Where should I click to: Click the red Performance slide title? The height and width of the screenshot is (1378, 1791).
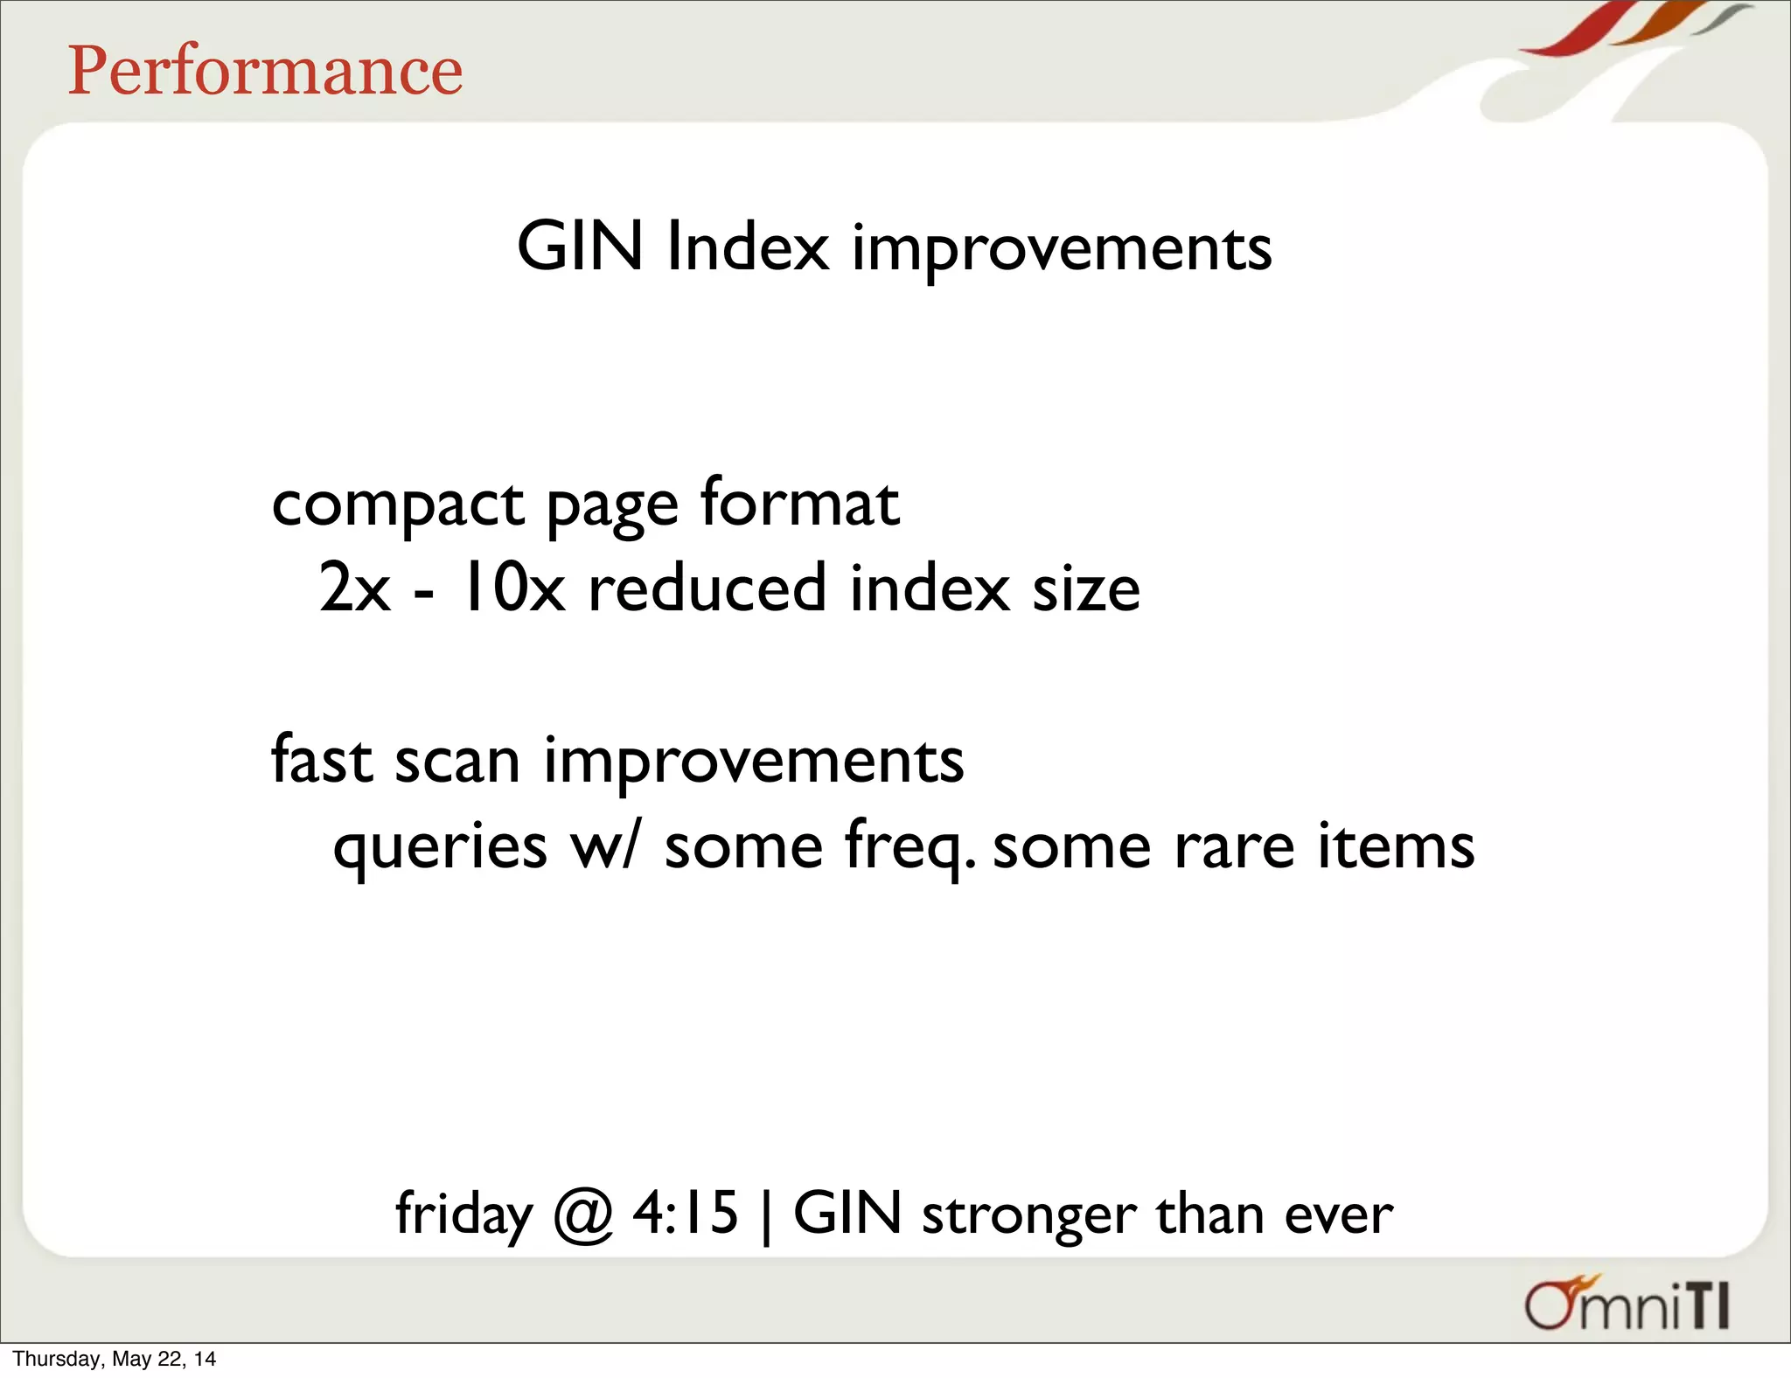click(x=265, y=71)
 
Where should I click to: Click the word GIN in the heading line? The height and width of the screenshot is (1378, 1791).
click(x=580, y=247)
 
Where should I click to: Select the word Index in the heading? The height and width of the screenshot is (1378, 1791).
click(x=747, y=247)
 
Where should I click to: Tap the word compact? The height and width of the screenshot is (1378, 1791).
click(x=398, y=505)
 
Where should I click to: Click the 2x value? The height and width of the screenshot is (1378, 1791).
click(x=354, y=588)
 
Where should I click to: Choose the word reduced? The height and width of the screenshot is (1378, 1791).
click(x=707, y=588)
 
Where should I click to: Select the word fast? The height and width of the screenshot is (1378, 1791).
click(x=323, y=759)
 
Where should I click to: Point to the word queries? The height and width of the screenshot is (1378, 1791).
click(x=440, y=846)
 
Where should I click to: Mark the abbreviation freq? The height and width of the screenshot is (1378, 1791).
click(x=909, y=846)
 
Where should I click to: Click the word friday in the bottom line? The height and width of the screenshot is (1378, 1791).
click(x=463, y=1214)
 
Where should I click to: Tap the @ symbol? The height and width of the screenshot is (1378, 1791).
click(x=582, y=1214)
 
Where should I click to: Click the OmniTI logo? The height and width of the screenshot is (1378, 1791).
click(x=1627, y=1305)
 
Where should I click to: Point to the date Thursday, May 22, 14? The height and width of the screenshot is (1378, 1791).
click(x=114, y=1359)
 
